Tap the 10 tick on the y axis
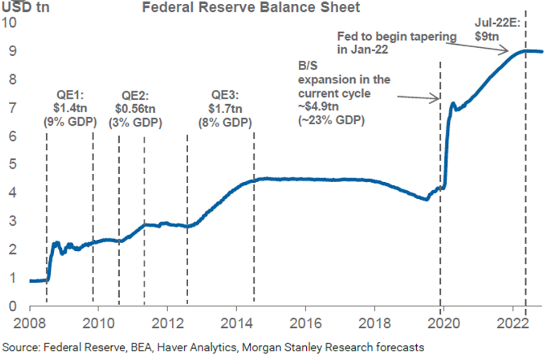pos(10,22)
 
